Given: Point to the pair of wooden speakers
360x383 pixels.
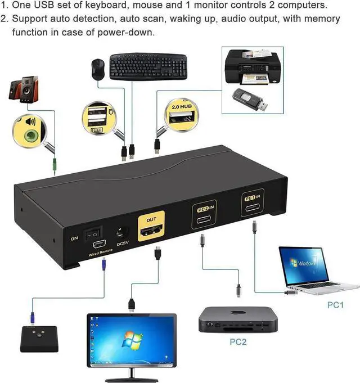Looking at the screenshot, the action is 21,91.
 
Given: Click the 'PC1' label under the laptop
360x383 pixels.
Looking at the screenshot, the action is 336,305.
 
